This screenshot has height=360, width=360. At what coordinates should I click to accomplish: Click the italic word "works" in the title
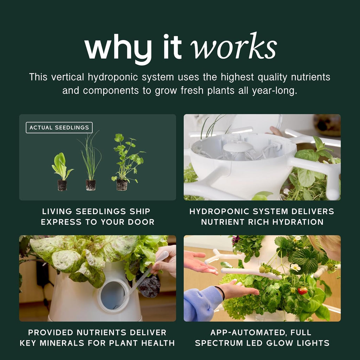(x=233, y=46)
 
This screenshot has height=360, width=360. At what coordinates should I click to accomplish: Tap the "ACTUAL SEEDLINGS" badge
(x=59, y=128)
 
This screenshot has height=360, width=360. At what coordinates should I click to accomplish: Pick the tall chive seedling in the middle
(x=90, y=161)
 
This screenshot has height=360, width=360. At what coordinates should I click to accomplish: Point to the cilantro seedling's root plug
(x=122, y=185)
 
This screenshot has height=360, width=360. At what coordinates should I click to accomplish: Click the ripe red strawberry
(x=303, y=291)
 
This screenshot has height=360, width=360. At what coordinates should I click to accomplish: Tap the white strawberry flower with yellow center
(x=295, y=267)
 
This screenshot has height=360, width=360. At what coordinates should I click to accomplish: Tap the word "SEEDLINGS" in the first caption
(x=101, y=211)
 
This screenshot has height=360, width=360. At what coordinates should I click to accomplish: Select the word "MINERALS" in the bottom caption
(x=62, y=343)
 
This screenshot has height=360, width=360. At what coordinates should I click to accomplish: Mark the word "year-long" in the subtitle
(x=274, y=91)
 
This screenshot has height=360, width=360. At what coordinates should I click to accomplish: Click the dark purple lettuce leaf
(x=149, y=286)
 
